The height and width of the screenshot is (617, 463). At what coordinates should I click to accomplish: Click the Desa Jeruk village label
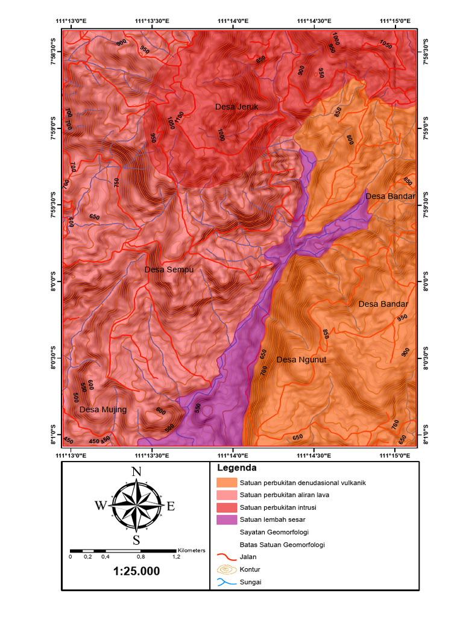[x=236, y=107]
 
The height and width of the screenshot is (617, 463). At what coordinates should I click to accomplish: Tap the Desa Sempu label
[x=169, y=270]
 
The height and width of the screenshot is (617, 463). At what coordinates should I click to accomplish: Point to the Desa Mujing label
[x=103, y=410]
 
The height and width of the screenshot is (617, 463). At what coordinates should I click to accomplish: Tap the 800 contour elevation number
[x=350, y=140]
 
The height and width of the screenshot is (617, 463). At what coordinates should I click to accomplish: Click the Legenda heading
[x=236, y=468]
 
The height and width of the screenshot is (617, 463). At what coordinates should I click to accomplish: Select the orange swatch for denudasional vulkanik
[x=226, y=483]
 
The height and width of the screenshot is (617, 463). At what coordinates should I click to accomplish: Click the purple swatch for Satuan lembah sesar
[x=226, y=519]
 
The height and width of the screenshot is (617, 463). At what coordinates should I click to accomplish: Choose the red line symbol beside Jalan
[x=226, y=557]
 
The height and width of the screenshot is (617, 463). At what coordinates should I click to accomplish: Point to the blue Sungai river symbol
[x=226, y=582]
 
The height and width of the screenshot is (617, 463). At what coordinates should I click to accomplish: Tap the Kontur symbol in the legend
[x=226, y=569]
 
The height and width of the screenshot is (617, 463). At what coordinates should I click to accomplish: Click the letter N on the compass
[x=137, y=472]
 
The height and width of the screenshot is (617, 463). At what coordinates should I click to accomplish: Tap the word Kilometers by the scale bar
[x=191, y=550]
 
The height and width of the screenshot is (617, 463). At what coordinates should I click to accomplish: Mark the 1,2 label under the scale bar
[x=177, y=557]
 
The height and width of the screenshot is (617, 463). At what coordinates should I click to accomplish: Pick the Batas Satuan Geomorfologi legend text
[x=282, y=544]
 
